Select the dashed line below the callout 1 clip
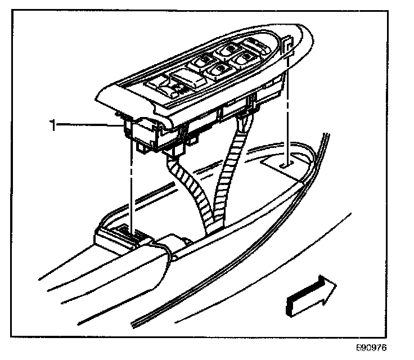pyautogui.click(x=131, y=186)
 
